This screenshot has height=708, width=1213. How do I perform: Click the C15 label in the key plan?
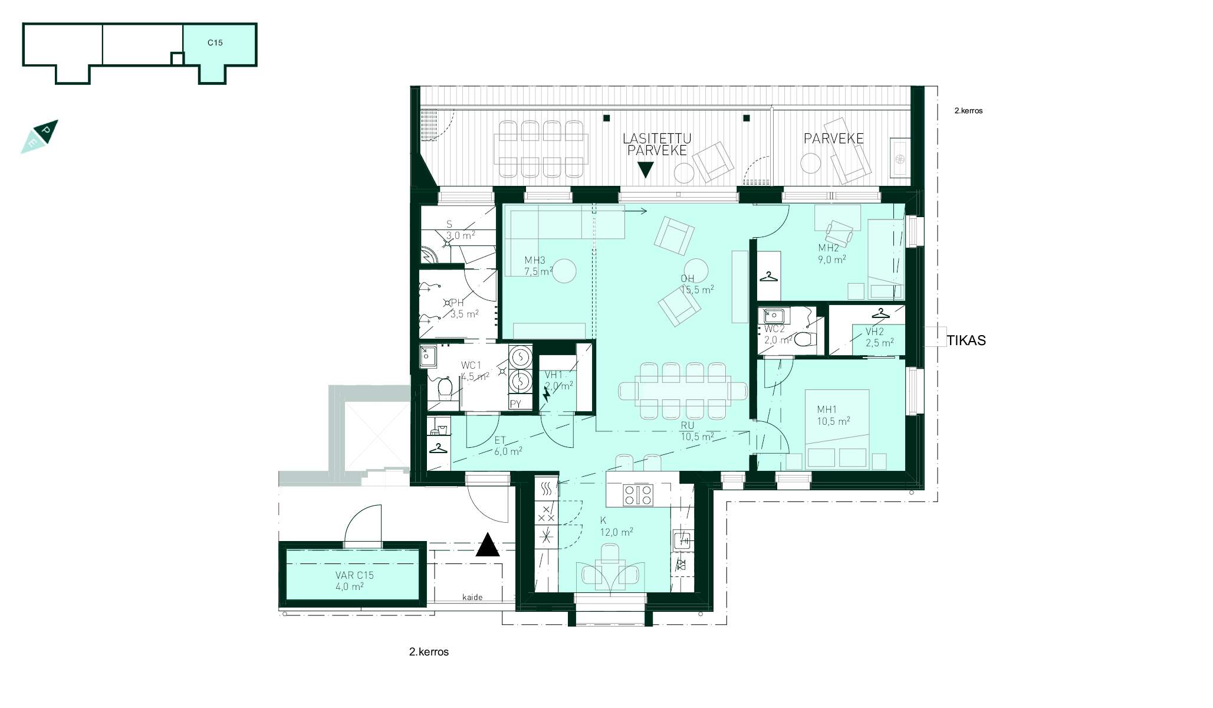(215, 42)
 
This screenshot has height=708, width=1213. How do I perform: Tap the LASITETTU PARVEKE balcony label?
(657, 145)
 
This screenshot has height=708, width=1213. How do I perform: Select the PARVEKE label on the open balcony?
(833, 139)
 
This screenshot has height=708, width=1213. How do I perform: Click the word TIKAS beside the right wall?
(966, 340)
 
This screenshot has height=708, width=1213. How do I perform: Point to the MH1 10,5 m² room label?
(833, 415)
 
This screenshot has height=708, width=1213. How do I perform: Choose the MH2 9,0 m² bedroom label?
(831, 254)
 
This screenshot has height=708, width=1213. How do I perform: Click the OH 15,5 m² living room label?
(697, 284)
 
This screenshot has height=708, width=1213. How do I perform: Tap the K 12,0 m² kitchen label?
(616, 526)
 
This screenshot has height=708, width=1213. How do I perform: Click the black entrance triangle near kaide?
(488, 545)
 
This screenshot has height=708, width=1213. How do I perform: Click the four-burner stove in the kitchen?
(638, 494)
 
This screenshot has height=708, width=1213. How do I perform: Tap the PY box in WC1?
(516, 404)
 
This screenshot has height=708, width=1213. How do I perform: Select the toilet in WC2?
(804, 339)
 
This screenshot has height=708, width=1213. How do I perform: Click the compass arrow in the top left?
(40, 137)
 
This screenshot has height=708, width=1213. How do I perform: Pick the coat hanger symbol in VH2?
(880, 313)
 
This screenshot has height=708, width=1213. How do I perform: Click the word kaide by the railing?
(472, 597)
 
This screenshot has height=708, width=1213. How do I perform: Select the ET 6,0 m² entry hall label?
(508, 446)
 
